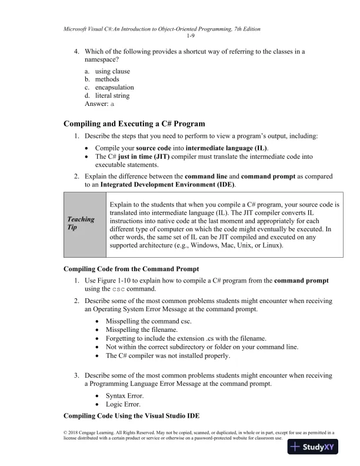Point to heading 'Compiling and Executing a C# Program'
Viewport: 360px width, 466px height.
134,124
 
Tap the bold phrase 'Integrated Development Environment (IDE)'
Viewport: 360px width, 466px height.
168,185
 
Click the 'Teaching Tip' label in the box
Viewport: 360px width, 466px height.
82,224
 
